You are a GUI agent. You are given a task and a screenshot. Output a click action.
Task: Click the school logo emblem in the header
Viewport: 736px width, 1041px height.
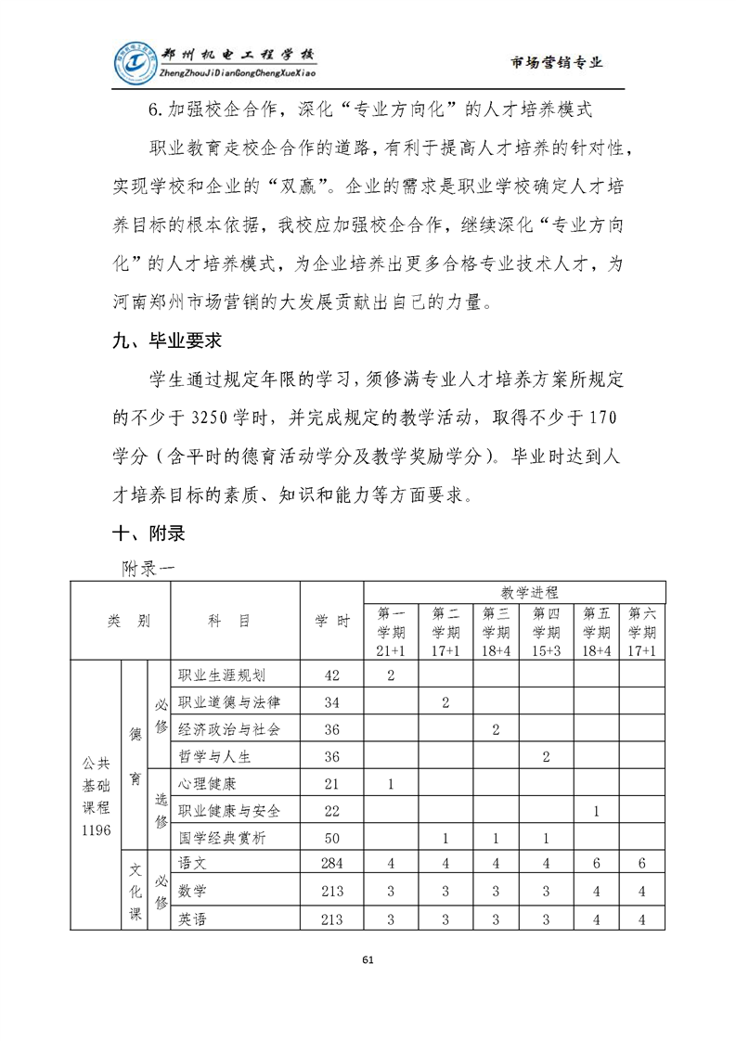click(x=136, y=63)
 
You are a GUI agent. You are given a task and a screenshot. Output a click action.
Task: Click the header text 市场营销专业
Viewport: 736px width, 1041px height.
click(x=557, y=63)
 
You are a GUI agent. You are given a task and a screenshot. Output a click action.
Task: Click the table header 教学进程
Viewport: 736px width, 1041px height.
click(x=515, y=591)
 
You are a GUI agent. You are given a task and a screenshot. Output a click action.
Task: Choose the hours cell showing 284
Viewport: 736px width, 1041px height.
click(x=331, y=864)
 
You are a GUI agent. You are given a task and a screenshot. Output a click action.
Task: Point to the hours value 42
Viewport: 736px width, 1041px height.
click(x=331, y=675)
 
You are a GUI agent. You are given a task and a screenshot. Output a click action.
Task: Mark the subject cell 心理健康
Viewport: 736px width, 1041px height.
click(x=208, y=783)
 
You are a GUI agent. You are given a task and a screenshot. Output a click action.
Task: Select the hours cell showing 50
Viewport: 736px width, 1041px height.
click(x=331, y=838)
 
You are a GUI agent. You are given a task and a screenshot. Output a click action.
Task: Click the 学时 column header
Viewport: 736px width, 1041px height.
click(x=331, y=622)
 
